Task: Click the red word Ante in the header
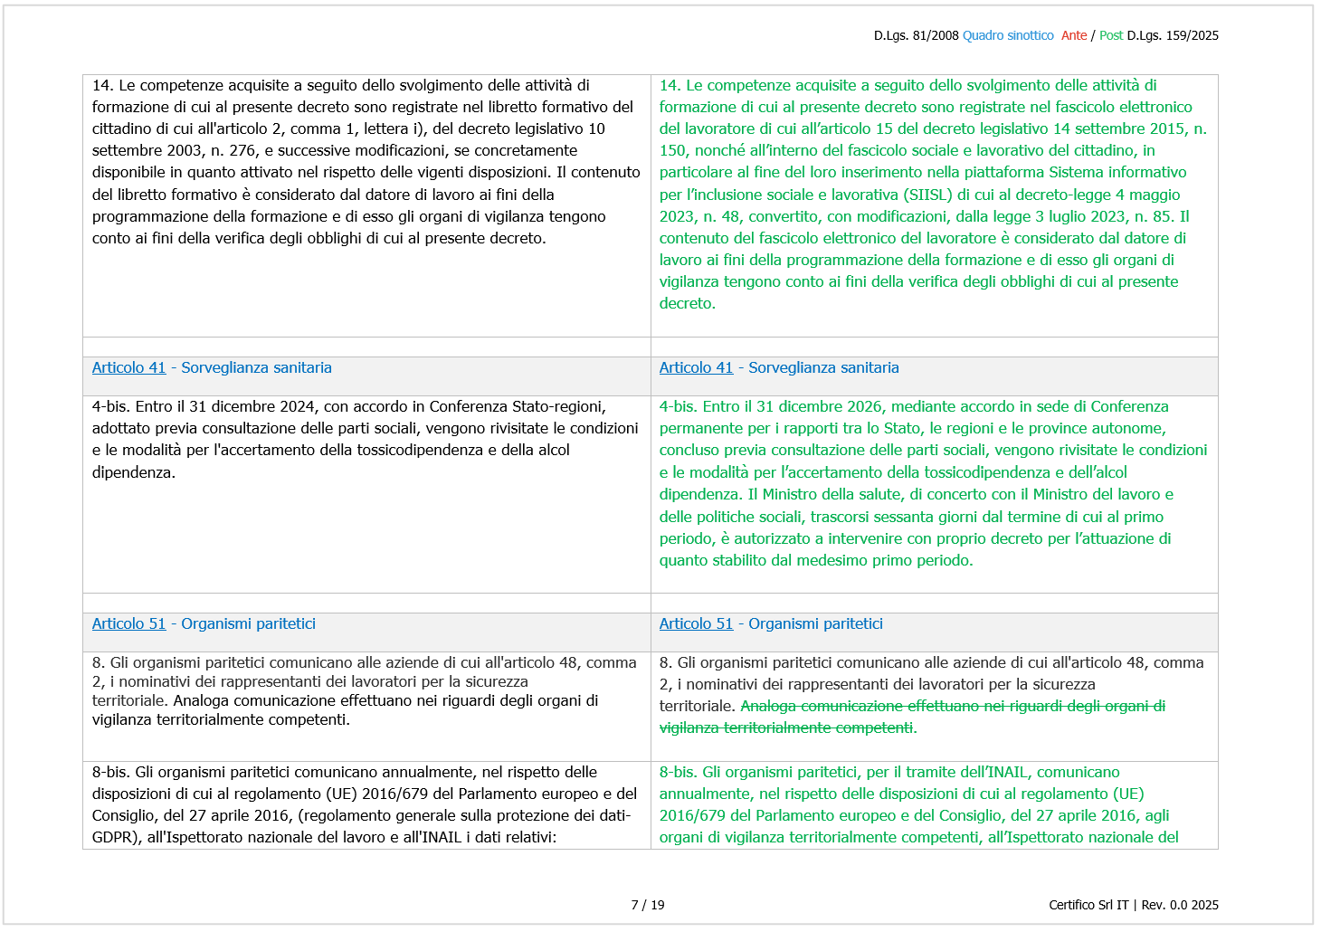1074,35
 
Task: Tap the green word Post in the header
1111,35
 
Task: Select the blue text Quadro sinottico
1008,35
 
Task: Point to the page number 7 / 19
648,905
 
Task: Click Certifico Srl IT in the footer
1088,905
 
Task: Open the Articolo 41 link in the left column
128,367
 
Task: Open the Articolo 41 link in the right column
696,367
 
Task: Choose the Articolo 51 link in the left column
128,623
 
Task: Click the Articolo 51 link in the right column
696,623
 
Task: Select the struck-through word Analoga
768,706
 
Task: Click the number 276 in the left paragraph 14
242,150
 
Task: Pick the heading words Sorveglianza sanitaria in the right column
823,367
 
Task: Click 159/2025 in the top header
1192,35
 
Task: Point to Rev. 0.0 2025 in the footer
1180,905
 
